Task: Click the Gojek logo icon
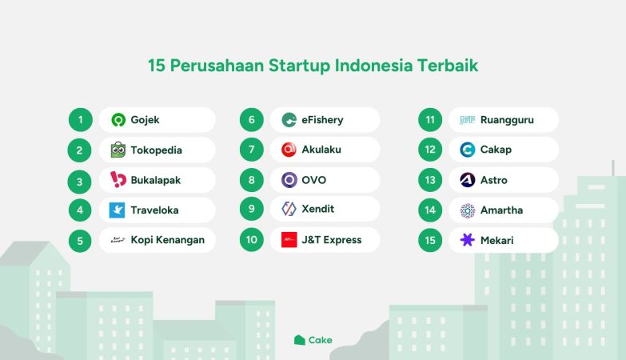pos(118,120)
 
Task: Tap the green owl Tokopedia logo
pos(118,150)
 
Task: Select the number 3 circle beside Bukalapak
pos(80,182)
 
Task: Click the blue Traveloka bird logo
pos(117,210)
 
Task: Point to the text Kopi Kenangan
pos(168,240)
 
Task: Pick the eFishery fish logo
pos(289,120)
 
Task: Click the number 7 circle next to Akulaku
pos(252,150)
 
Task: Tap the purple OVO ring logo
pos(289,180)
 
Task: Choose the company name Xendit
pos(317,209)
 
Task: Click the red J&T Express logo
pos(289,240)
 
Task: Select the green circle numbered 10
pos(252,240)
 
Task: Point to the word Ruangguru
pos(507,120)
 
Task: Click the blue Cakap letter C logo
pos(468,150)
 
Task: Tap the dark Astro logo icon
pos(468,180)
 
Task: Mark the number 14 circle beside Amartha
pos(430,210)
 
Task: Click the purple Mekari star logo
pos(468,240)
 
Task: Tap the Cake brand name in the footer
pos(320,340)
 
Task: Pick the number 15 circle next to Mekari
pos(430,240)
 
